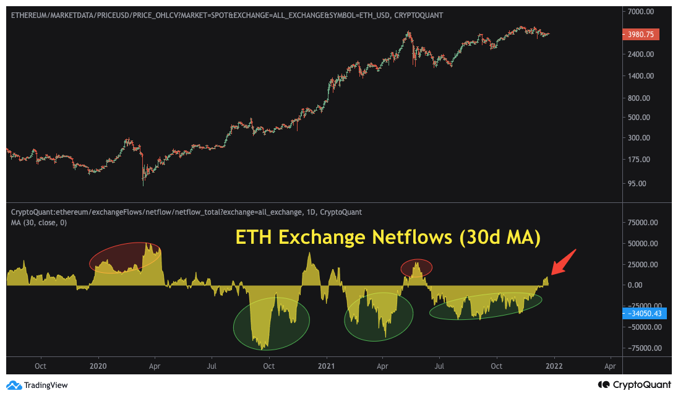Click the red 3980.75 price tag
640,35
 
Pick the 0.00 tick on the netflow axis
635,285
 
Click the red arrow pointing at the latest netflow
563,262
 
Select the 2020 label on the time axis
98,366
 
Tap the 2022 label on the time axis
554,366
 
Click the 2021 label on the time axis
326,366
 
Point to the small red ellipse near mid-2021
416,267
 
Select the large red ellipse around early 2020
125,258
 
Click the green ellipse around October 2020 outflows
271,324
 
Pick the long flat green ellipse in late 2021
485,306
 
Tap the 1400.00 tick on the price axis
637,75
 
